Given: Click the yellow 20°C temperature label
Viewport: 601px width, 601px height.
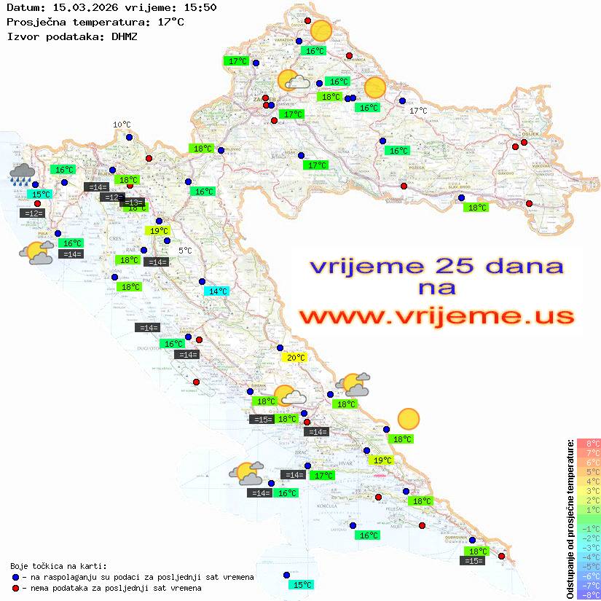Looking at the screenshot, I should tap(295, 358).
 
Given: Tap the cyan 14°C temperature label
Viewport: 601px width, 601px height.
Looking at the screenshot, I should tap(217, 291).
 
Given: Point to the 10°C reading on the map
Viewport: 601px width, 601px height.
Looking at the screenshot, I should tap(122, 125).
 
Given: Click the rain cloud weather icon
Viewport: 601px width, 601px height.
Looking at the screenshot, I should tap(23, 173).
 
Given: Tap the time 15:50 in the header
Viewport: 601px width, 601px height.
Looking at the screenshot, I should tap(200, 7).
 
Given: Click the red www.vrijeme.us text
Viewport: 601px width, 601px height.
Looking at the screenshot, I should tap(436, 316).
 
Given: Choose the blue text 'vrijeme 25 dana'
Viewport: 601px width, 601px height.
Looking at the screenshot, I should tap(436, 266).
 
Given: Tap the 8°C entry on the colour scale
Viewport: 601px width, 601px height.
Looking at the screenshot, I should tap(589, 444).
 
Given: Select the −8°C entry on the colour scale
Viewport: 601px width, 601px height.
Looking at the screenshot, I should tap(589, 594).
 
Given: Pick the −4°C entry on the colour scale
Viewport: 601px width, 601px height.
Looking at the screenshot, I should tap(589, 557).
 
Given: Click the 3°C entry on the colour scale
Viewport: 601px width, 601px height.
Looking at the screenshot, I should tap(589, 491).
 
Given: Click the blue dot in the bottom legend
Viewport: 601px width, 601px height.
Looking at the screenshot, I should tap(15, 577).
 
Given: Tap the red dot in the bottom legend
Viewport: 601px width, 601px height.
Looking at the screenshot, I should tap(15, 588).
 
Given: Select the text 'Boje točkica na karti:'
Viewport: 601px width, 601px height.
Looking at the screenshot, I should tap(58, 566).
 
